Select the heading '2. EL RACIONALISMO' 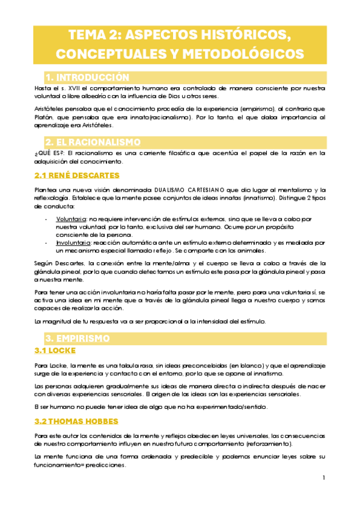(x=102, y=143)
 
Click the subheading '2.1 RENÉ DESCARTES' (x=76, y=176)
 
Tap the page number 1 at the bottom (x=323, y=478)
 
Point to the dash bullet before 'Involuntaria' (x=47, y=242)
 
